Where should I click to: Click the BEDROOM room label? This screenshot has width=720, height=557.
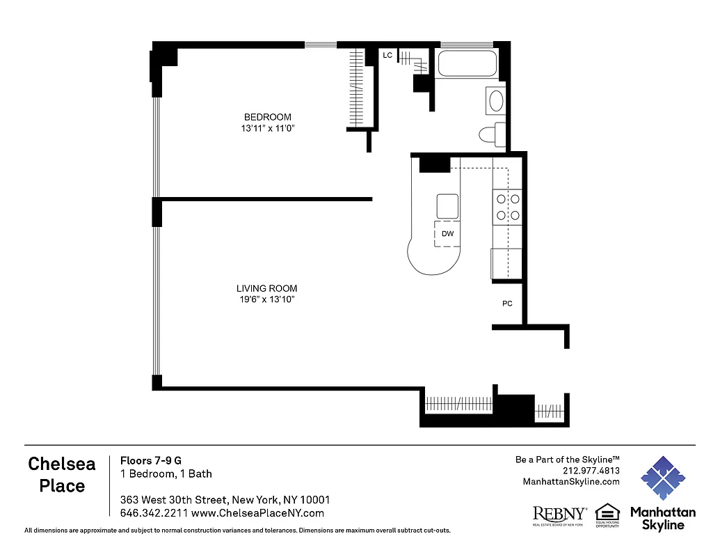pyautogui.click(x=267, y=117)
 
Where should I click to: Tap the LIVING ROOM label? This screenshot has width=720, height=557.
pyautogui.click(x=266, y=288)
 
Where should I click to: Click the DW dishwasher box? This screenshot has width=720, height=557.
pyautogui.click(x=447, y=234)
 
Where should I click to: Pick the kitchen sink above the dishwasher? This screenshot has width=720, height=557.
pyautogui.click(x=447, y=206)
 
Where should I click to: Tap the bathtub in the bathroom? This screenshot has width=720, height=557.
pyautogui.click(x=467, y=64)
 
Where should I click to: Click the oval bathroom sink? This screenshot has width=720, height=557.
pyautogui.click(x=496, y=101)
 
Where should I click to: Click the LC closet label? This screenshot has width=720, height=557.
pyautogui.click(x=387, y=55)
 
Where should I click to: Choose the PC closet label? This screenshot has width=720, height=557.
pyautogui.click(x=507, y=304)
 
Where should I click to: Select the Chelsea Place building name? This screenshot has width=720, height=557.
pyautogui.click(x=62, y=475)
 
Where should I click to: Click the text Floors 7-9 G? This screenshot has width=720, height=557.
pyautogui.click(x=151, y=460)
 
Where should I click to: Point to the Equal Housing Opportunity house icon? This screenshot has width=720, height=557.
pyautogui.click(x=607, y=512)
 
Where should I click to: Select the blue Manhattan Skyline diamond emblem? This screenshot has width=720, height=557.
pyautogui.click(x=662, y=478)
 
